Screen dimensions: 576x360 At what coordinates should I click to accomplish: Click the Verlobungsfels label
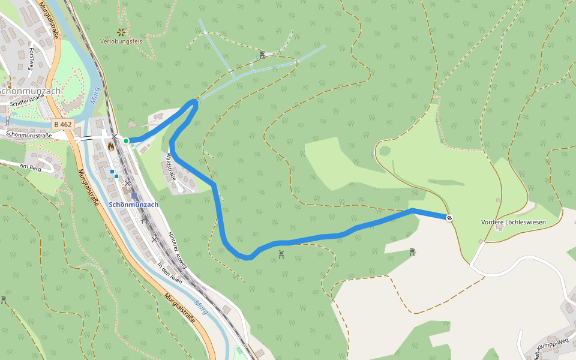point(121,41)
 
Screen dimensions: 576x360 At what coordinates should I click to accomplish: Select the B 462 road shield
point(62,124)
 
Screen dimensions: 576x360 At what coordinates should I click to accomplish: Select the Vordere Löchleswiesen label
point(514,222)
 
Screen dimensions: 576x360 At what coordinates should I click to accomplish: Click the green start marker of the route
point(127,140)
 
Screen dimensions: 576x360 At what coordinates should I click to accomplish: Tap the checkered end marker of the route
point(449,217)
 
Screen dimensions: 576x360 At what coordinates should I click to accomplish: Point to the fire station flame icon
point(111,146)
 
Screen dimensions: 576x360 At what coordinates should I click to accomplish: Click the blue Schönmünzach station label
point(134,205)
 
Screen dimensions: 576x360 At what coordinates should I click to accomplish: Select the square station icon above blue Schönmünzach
point(134,196)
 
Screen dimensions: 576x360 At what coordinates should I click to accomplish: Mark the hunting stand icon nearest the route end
point(412,252)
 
